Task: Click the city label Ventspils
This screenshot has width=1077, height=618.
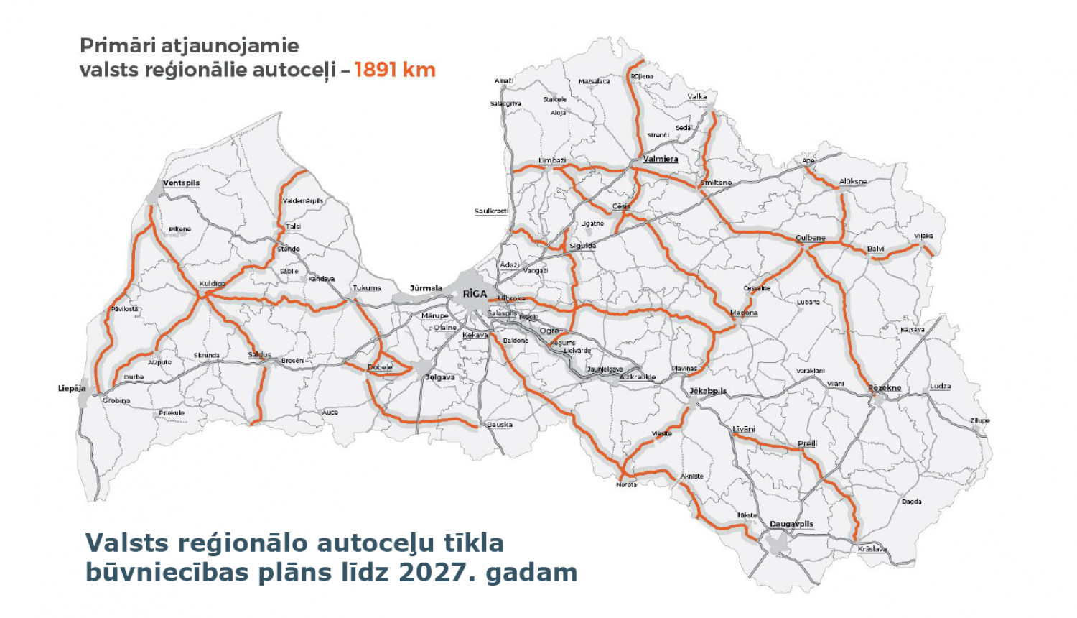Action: [x=181, y=183]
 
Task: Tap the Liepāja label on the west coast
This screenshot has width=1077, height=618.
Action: [x=72, y=389]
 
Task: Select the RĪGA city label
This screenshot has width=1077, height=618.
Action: [x=475, y=294]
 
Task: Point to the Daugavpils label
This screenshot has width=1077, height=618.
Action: [x=791, y=524]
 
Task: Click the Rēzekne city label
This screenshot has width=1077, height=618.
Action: [x=885, y=388]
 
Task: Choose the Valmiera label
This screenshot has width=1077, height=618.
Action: [x=660, y=159]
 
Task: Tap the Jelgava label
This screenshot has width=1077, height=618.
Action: [x=440, y=377]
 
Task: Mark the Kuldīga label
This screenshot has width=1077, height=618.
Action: [x=212, y=284]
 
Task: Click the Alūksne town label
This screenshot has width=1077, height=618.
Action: [x=853, y=182]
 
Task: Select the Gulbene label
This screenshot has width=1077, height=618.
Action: [x=811, y=238]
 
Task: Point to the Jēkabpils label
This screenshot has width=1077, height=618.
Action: [x=708, y=391]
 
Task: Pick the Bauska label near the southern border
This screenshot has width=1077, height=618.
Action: [x=500, y=425]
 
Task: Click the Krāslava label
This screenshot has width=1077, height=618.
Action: [x=872, y=549]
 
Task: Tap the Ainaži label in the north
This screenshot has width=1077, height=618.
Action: [x=504, y=81]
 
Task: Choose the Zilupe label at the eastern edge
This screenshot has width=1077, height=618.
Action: [x=980, y=420]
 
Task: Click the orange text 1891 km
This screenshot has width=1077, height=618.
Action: [x=395, y=70]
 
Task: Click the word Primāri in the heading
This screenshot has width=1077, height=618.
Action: [x=118, y=45]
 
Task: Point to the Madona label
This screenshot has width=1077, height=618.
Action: [x=744, y=313]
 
